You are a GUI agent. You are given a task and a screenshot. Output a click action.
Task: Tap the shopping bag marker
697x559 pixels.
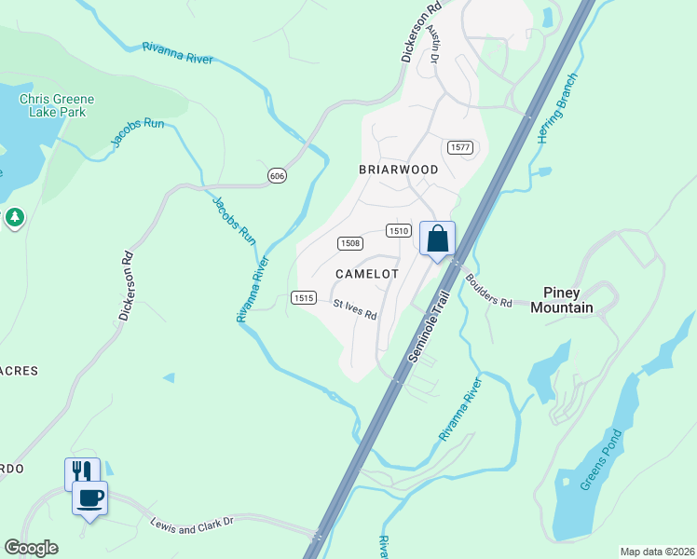coord(437,239)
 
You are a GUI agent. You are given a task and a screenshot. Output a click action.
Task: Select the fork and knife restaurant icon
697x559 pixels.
coord(81,473)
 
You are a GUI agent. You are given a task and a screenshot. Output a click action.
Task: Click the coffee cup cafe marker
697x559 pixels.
coord(89,498)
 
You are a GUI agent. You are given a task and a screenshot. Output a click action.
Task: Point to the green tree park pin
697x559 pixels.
coord(14,218)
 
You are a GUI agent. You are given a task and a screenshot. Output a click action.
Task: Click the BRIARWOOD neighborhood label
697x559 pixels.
coord(398,170)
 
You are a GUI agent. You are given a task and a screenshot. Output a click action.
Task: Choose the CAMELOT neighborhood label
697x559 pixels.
coord(367,274)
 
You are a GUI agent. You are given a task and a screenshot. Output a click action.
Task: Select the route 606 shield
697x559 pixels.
coord(276,176)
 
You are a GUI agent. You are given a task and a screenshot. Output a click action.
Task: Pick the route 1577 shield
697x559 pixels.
coord(459,147)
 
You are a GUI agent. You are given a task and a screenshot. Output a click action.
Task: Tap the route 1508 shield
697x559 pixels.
coord(350,243)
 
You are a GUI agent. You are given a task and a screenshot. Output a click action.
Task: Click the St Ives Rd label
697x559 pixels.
coord(355,308)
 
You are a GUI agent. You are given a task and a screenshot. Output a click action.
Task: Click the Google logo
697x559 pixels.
coord(31,548)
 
